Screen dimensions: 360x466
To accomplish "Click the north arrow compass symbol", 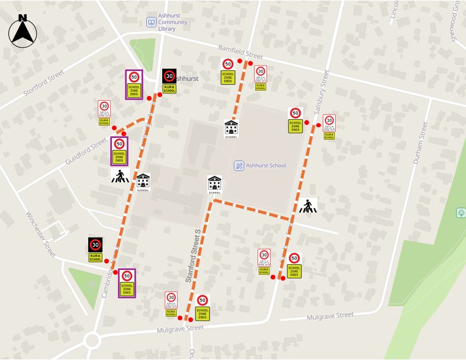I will point(23,31).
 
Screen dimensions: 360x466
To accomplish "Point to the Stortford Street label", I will point(43,83).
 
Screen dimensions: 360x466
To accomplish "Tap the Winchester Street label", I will point(40,233).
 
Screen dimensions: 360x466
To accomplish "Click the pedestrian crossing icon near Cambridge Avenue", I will point(120,176).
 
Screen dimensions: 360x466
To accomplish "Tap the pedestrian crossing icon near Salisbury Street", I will point(307,206).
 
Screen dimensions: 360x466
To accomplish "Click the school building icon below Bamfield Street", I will point(231,128).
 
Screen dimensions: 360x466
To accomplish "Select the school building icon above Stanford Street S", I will point(214,185).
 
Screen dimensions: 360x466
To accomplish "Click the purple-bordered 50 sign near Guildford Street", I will point(119,150).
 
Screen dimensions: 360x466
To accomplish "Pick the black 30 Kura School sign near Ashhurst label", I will point(169,81).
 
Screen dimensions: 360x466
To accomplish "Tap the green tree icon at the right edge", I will point(461,213).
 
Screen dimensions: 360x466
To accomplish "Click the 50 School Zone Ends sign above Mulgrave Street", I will point(203,307).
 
